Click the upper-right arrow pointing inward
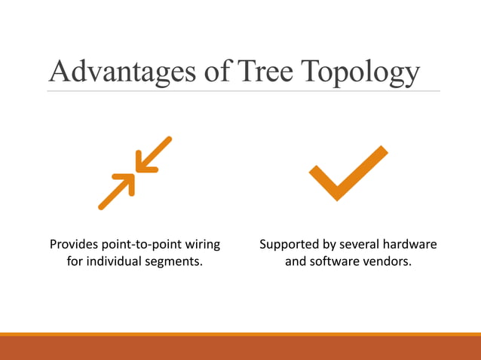154,155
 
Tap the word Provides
76,245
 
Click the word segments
177,264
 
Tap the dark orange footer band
240,348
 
